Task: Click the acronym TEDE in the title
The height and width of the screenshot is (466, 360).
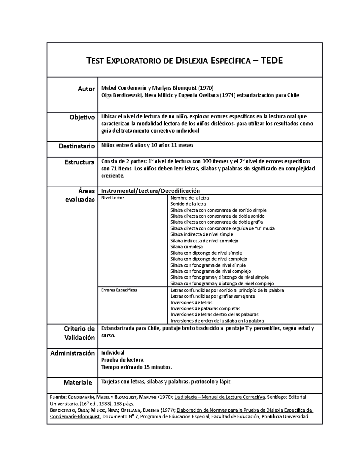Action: [272, 61]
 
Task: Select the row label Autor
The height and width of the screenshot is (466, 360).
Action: [86, 89]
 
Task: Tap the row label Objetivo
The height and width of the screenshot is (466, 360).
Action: [82, 117]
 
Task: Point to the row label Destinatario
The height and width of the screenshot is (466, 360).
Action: [76, 146]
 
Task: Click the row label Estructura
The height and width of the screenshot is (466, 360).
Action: [79, 162]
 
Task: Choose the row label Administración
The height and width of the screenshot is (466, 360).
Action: [72, 353]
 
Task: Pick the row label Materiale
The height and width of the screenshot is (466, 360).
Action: [77, 383]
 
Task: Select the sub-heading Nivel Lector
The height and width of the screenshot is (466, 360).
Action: [112, 198]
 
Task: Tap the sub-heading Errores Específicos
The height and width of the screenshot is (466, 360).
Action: [119, 290]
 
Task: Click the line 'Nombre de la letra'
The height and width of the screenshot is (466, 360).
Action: [190, 198]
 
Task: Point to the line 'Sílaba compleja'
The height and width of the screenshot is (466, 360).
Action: [186, 247]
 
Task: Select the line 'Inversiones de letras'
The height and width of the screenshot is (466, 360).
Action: [191, 302]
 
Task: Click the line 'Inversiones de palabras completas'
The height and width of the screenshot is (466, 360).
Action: [205, 308]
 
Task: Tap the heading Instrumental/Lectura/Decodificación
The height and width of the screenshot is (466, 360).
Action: [150, 191]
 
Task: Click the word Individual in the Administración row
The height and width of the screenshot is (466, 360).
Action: [113, 353]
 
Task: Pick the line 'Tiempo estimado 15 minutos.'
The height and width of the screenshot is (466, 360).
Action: [136, 367]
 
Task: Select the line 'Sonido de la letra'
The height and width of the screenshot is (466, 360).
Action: [188, 204]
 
